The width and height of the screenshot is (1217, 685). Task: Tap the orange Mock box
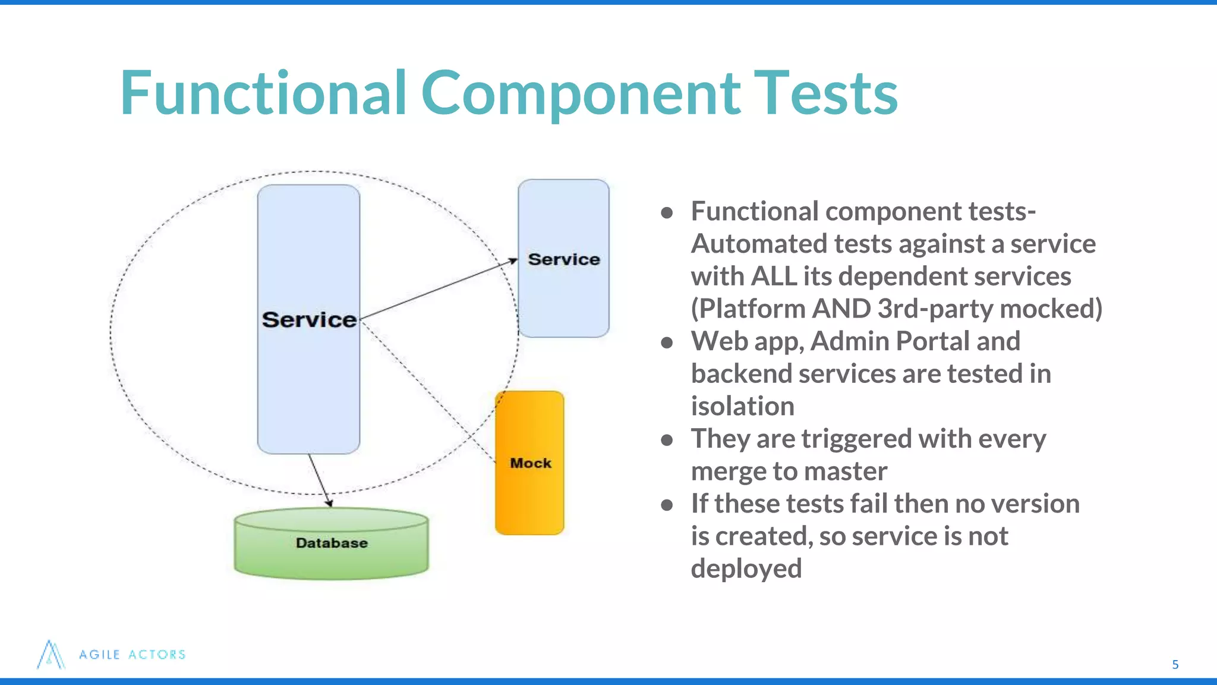point(529,463)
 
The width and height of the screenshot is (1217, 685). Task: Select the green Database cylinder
point(331,543)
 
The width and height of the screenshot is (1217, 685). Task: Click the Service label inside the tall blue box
point(309,320)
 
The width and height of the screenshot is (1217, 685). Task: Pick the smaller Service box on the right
point(563,259)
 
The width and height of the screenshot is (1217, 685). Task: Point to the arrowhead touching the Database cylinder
point(329,503)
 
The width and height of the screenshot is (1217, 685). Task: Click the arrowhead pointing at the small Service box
point(513,260)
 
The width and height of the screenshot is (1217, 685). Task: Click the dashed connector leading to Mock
point(428,392)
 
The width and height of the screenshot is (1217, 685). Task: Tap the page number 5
point(1175,665)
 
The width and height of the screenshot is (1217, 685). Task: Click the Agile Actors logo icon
point(51,655)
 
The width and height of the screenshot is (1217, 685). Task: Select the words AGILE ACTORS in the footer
point(133,655)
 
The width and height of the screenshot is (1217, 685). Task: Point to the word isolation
point(742,407)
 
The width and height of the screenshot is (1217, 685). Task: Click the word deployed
point(746,569)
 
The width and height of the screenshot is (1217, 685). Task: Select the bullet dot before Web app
point(667,342)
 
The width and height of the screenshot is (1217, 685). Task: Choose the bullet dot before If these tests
point(667,505)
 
